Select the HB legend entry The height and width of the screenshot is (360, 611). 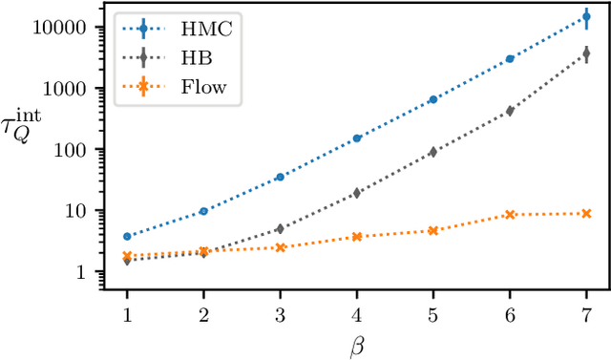click(x=182, y=59)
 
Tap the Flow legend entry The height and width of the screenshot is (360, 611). click(x=182, y=89)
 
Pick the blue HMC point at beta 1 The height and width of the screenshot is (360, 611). click(x=127, y=236)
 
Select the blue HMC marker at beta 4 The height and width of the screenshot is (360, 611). click(x=357, y=138)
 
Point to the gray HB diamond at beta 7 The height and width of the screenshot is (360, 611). click(x=586, y=56)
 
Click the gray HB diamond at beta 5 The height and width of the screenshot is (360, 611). click(x=433, y=152)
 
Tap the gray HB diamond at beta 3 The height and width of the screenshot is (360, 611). click(x=280, y=228)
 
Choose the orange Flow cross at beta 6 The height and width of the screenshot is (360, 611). click(x=510, y=215)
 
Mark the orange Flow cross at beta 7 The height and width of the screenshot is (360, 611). click(x=586, y=213)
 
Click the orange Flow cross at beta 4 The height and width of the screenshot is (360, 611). click(x=357, y=236)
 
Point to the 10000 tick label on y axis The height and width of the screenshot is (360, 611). click(x=63, y=27)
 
